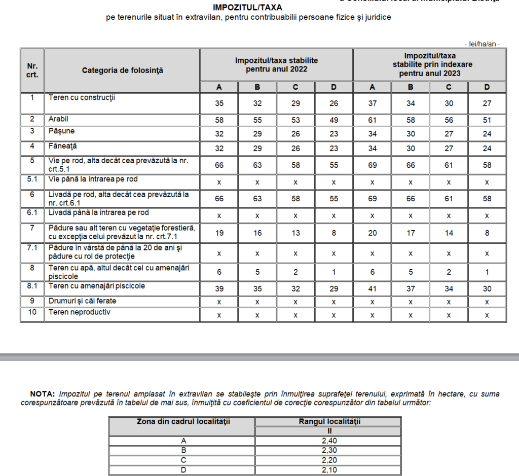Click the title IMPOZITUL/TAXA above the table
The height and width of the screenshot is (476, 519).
tap(248, 8)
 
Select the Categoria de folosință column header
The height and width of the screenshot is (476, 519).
tap(122, 70)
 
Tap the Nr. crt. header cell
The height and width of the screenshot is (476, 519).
tap(32, 70)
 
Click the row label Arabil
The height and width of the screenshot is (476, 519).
tap(58, 119)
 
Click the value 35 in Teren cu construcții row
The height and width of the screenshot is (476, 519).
tap(219, 103)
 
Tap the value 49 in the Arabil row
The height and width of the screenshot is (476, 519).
tap(333, 120)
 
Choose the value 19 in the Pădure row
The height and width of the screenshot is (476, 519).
tap(219, 233)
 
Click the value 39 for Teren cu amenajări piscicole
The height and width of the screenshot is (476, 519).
tap(219, 289)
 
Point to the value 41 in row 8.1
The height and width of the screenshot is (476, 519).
tap(372, 289)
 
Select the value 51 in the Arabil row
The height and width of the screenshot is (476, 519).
tap(487, 120)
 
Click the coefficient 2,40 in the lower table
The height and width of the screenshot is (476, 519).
tap(328, 441)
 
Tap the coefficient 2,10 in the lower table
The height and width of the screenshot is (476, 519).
tap(328, 470)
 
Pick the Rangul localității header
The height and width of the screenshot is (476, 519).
tap(328, 421)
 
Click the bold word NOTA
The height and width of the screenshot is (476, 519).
tap(43, 394)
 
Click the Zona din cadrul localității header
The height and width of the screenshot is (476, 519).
tap(181, 421)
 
